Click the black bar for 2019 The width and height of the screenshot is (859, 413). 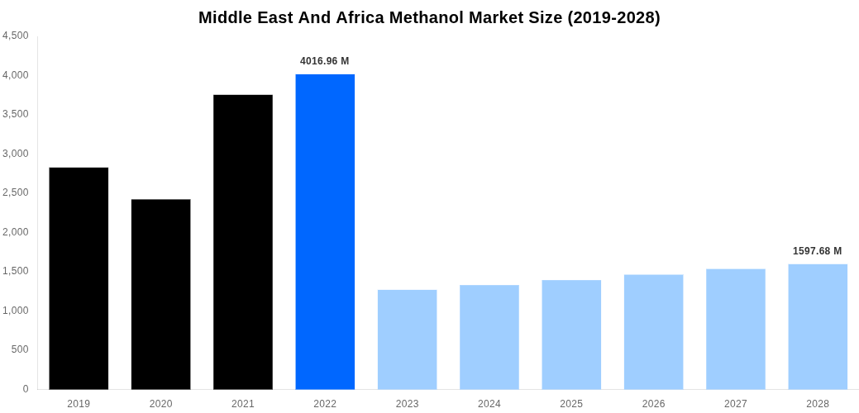pyautogui.click(x=79, y=278)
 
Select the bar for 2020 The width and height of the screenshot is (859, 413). pyautogui.click(x=160, y=294)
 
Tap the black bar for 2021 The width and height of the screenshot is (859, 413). pyautogui.click(x=243, y=242)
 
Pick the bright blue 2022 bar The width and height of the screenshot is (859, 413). pyautogui.click(x=325, y=231)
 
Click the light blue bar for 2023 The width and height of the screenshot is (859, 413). pyautogui.click(x=407, y=339)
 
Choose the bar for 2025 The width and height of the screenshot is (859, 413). pyautogui.click(x=571, y=335)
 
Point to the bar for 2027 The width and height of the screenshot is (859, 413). pyautogui.click(x=735, y=329)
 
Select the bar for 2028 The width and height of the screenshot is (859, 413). pyautogui.click(x=818, y=326)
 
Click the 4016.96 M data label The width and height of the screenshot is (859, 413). pyautogui.click(x=324, y=61)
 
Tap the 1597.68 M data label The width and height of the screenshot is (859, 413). pyautogui.click(x=817, y=251)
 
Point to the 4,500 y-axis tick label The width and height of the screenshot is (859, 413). pyautogui.click(x=16, y=36)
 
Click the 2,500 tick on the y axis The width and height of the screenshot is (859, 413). pyautogui.click(x=16, y=192)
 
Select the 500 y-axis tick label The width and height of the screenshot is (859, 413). pyautogui.click(x=20, y=349)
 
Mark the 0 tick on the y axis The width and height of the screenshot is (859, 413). pyautogui.click(x=26, y=389)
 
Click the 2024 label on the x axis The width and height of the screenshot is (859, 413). pyautogui.click(x=489, y=404)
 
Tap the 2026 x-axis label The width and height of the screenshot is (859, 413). pyautogui.click(x=653, y=404)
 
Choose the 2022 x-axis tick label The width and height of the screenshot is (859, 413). pyautogui.click(x=325, y=404)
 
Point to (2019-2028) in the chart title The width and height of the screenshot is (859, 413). pyautogui.click(x=613, y=17)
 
